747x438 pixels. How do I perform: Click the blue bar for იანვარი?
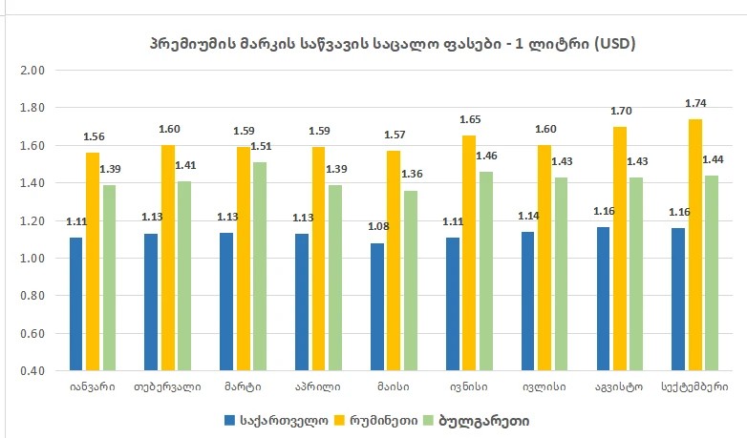(x=76, y=303)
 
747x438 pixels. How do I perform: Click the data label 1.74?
(x=694, y=102)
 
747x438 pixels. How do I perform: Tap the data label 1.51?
(x=262, y=147)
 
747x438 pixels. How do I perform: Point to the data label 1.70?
(x=620, y=111)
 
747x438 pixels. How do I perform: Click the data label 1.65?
(x=470, y=120)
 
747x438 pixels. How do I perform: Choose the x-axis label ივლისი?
(x=544, y=386)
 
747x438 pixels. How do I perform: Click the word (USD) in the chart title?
(x=610, y=44)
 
